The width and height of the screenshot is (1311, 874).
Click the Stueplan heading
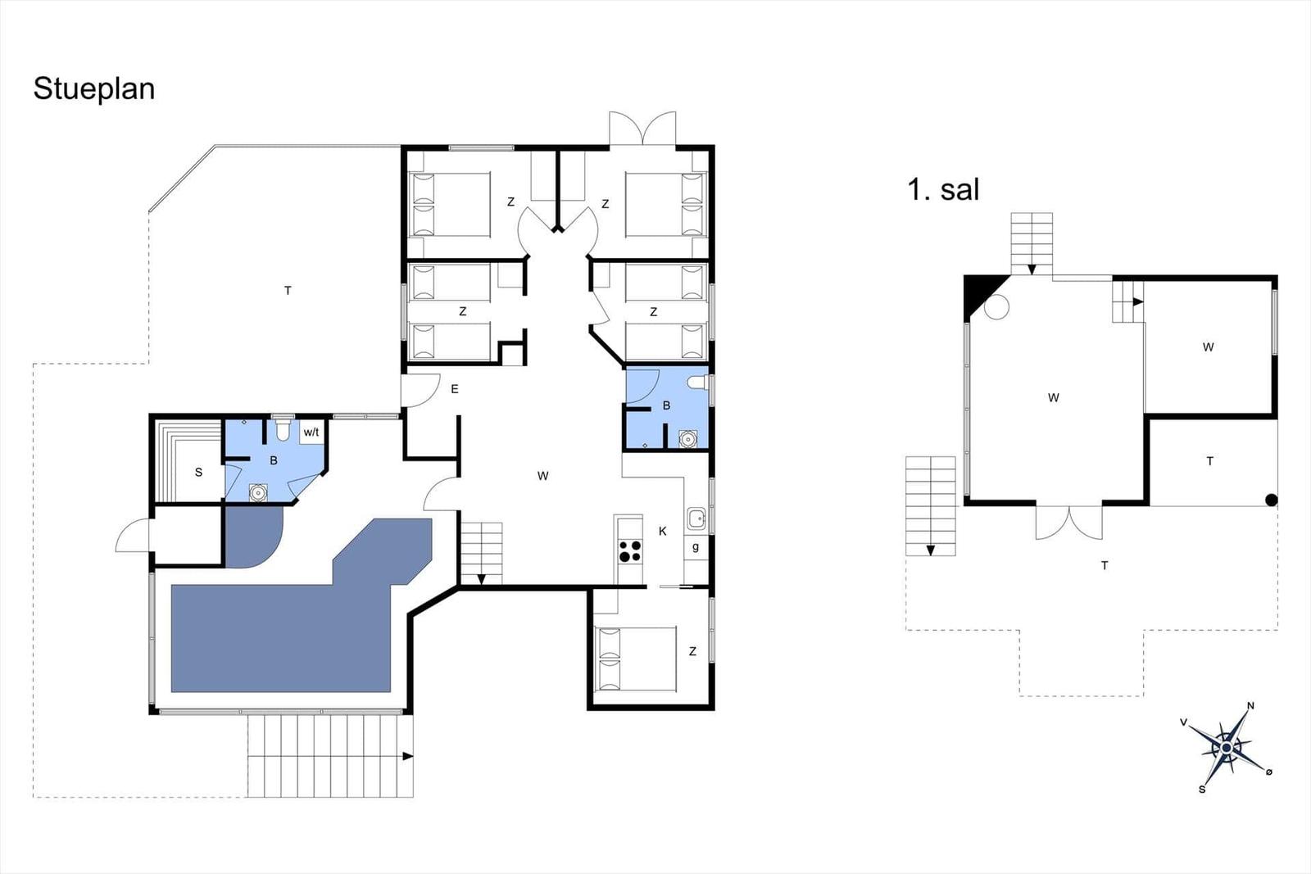coord(94,89)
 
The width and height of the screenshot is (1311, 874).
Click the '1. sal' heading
coord(943,189)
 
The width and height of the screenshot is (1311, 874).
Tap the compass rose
coord(1226,748)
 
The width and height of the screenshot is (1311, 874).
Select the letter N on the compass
coord(1250,705)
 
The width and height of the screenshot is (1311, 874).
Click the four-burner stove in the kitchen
coord(630,551)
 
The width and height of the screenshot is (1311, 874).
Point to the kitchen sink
coord(696,519)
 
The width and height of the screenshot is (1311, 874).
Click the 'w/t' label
coord(311,432)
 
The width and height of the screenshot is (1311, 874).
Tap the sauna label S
coord(198,472)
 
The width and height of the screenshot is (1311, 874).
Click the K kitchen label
coord(663,531)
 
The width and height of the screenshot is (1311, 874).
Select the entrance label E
coord(454,389)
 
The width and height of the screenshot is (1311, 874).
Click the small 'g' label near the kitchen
coord(696,547)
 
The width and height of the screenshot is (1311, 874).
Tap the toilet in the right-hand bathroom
coord(697,383)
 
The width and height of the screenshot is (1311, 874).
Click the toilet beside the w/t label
coord(283,429)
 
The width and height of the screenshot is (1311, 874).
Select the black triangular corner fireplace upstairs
coord(980,292)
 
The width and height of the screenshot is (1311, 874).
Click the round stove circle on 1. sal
coord(996,306)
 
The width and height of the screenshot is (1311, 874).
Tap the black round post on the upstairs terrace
coord(1271,500)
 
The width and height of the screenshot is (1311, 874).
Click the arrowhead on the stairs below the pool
coord(408,756)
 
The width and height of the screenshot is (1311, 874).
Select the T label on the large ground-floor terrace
coord(288,290)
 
